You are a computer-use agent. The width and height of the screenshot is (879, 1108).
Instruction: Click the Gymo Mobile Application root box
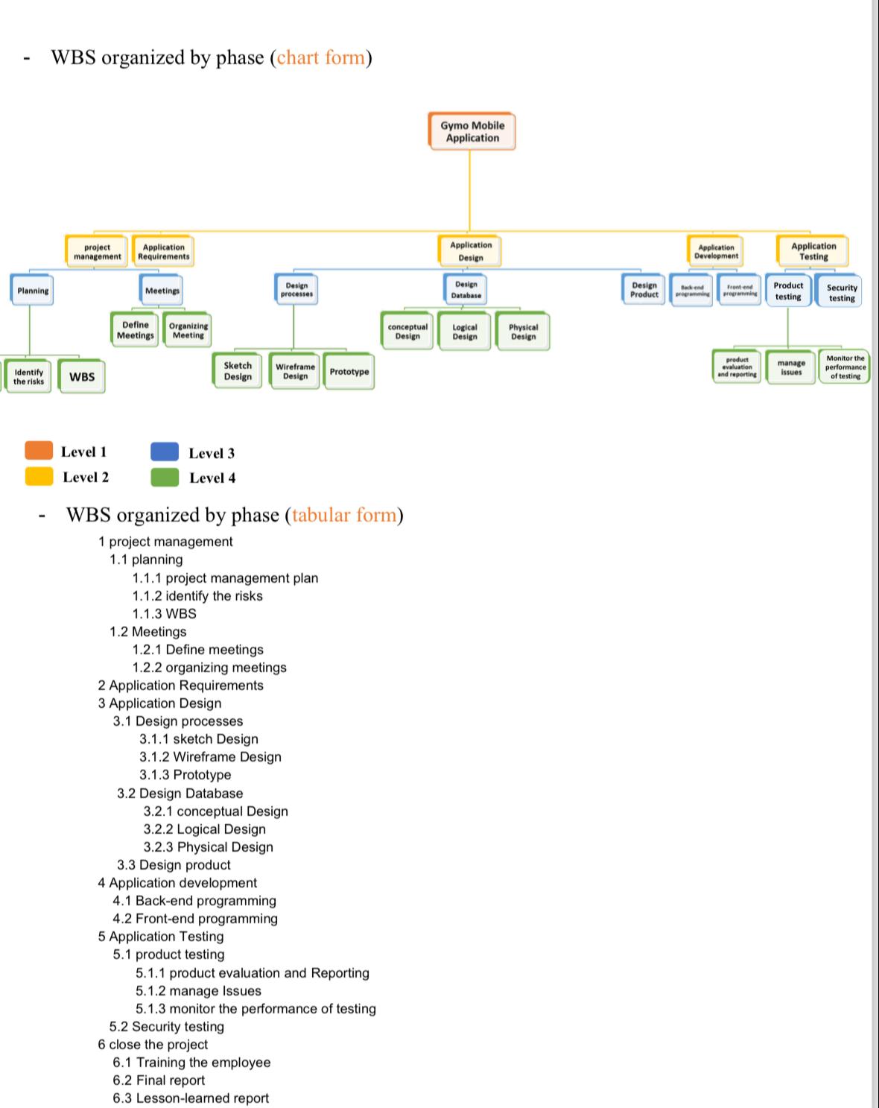(x=472, y=132)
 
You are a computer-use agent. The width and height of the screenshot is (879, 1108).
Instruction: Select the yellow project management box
(x=97, y=252)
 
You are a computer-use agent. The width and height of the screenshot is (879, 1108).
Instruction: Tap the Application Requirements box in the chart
(x=163, y=252)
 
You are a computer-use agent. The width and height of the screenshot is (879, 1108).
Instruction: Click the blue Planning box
(x=33, y=291)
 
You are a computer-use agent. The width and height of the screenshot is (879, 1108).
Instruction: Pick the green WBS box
(x=82, y=376)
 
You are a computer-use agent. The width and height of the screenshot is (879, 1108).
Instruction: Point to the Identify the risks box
(x=28, y=376)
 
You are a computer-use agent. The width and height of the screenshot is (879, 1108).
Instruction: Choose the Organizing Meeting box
(x=188, y=330)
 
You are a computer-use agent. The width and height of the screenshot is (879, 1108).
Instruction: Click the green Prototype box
(x=349, y=371)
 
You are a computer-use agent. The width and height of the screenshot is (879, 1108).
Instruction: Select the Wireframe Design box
(x=295, y=371)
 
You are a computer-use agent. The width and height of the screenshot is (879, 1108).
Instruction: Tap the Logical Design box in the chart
(x=465, y=332)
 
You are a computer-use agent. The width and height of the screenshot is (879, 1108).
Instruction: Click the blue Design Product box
(x=644, y=290)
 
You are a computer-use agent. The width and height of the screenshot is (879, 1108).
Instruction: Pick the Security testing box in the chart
(x=842, y=292)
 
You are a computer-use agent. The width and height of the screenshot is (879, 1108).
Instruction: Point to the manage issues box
(x=791, y=367)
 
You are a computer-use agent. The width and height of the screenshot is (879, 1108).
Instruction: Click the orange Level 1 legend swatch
(x=39, y=450)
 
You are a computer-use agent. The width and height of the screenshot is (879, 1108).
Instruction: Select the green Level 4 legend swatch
(x=165, y=477)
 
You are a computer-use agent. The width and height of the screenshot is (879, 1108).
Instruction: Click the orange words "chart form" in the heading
(x=321, y=57)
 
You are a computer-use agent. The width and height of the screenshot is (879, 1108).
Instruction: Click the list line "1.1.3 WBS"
(x=165, y=614)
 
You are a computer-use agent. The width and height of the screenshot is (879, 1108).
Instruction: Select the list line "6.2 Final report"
(x=159, y=1080)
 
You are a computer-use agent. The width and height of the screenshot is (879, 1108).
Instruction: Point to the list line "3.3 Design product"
(x=174, y=865)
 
